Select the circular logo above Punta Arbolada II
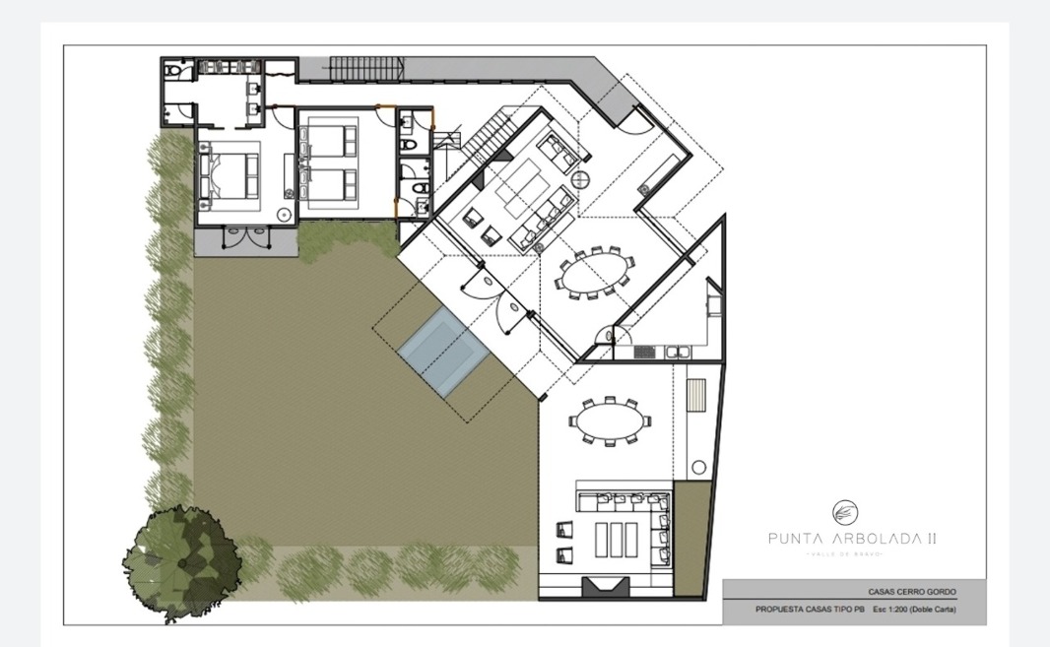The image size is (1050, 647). click(844, 512)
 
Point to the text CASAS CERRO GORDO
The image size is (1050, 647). click(911, 592)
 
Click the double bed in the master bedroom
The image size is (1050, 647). click(228, 177)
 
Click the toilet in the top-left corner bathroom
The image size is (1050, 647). click(174, 71)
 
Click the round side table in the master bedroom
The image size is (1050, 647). click(284, 213)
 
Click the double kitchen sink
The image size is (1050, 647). click(679, 351)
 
